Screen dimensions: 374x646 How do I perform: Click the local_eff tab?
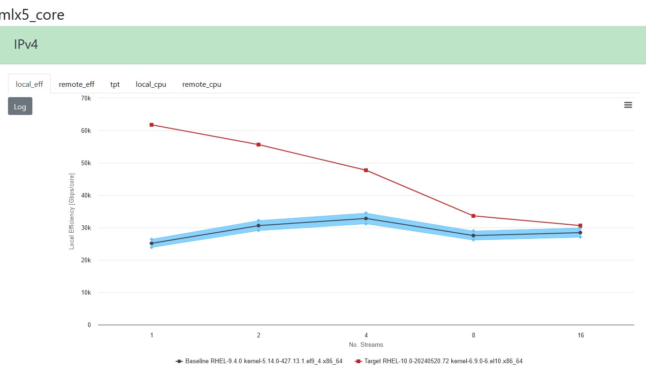coord(29,84)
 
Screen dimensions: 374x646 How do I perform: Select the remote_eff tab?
coord(76,84)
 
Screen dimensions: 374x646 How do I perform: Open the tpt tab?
coord(115,84)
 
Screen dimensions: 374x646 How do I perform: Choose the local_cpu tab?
coord(151,84)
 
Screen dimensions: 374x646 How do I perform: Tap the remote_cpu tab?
coord(202,84)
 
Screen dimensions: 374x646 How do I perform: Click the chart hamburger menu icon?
coord(628,105)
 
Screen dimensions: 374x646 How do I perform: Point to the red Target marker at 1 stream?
coord(152,125)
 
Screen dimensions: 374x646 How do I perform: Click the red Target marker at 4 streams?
coord(366,170)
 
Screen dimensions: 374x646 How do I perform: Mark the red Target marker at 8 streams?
coord(473,216)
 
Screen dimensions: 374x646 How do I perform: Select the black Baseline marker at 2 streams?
coord(258,226)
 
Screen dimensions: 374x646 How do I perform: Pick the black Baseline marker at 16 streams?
coord(580,233)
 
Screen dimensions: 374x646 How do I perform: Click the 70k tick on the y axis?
coord(86,98)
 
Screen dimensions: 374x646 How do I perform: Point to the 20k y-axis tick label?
coord(86,260)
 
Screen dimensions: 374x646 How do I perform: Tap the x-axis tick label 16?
coord(581,336)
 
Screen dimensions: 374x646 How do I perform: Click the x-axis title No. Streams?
coord(366,345)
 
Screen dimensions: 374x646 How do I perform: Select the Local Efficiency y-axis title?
coord(72,212)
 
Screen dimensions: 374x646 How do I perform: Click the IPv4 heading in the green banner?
coord(26,45)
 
